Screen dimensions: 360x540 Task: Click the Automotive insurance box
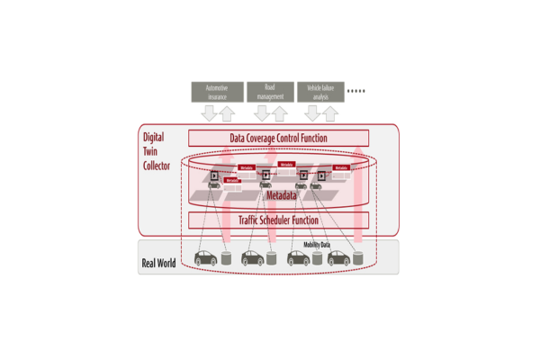(217, 92)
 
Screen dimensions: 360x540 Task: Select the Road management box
(269, 92)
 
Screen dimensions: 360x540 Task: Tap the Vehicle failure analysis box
(320, 92)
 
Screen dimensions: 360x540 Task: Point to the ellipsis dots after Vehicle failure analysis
(356, 91)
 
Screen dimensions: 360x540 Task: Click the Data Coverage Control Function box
(278, 139)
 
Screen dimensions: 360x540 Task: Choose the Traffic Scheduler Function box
(278, 220)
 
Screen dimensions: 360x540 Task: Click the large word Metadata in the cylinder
(282, 194)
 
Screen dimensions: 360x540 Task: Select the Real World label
(158, 264)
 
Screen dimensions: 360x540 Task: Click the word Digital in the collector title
(153, 137)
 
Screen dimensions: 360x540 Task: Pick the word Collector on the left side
(157, 166)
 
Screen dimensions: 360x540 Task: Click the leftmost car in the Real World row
(206, 258)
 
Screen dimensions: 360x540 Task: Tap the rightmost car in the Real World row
(337, 258)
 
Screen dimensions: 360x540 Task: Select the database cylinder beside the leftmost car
(228, 259)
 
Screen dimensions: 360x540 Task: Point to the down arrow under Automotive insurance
(209, 113)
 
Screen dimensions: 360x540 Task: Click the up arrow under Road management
(279, 113)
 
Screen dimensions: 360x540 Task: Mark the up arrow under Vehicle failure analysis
(329, 113)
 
